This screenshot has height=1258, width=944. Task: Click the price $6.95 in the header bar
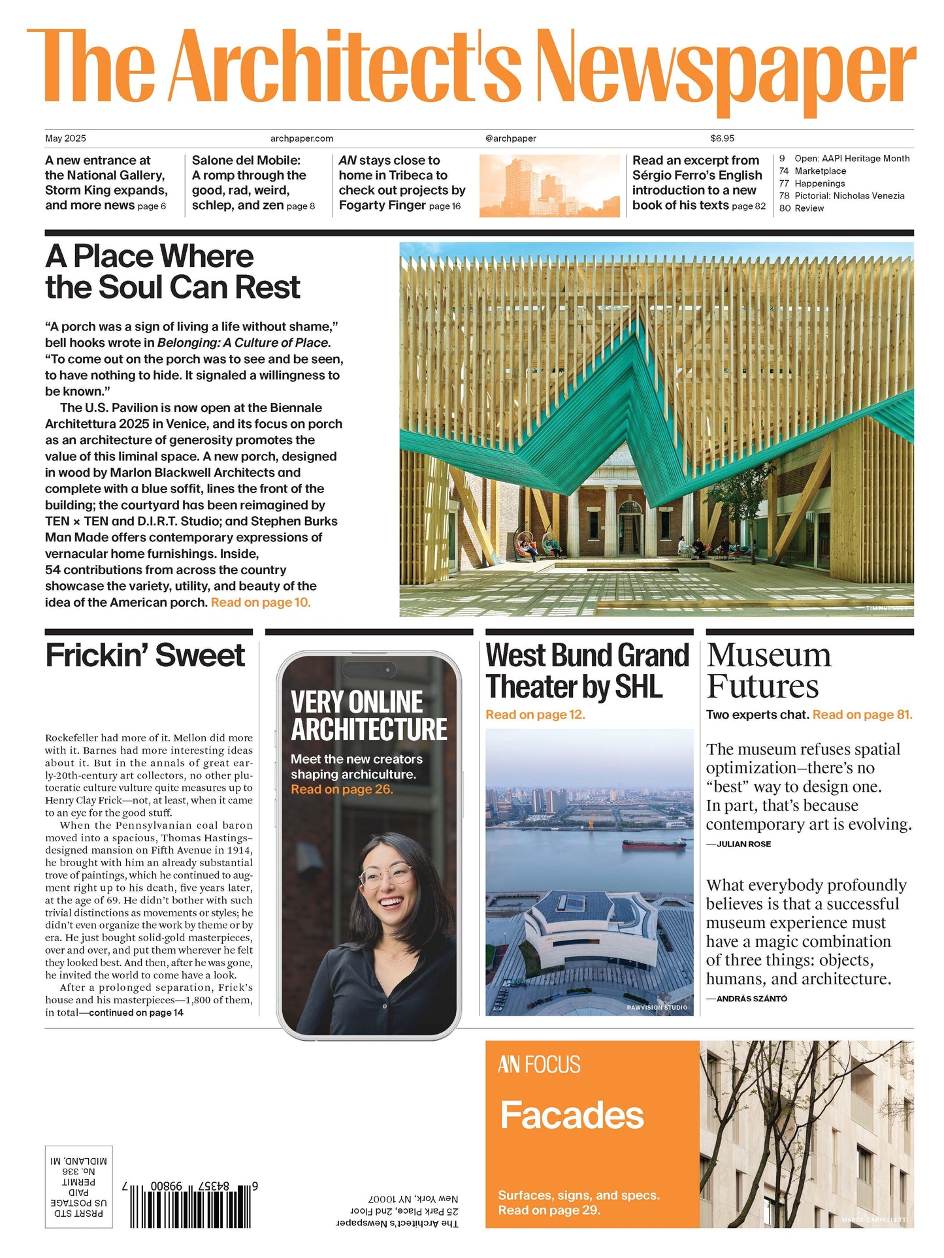click(722, 138)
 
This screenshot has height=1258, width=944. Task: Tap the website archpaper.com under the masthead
click(302, 138)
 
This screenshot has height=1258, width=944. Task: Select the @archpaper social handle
click(510, 138)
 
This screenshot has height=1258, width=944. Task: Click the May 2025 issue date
click(65, 138)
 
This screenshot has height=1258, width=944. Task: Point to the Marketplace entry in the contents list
click(820, 171)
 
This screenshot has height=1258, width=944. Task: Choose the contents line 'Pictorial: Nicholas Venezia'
click(849, 196)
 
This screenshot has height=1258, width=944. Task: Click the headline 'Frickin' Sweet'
click(145, 655)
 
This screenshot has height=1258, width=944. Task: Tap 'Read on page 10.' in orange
click(261, 602)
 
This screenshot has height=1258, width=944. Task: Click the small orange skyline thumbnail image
click(549, 185)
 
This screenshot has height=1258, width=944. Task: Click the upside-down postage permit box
click(78, 1187)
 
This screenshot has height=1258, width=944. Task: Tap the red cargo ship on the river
click(654, 843)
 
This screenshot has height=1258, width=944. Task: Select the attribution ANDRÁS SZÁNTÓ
click(751, 999)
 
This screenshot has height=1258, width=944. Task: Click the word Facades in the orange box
click(572, 1115)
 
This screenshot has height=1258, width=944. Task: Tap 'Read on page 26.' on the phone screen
click(342, 790)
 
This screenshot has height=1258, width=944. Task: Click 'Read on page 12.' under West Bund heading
click(535, 715)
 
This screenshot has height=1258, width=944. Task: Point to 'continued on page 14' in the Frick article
click(136, 1012)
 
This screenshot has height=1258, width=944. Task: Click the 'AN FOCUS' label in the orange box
click(539, 1065)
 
